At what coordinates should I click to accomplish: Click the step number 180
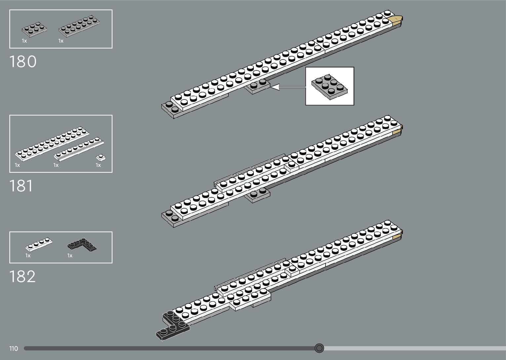(x=23, y=62)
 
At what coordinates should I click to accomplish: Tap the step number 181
(x=21, y=186)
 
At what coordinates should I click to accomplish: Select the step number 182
(x=22, y=277)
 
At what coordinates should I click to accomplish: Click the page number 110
(x=14, y=348)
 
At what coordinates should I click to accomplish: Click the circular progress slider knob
(x=319, y=348)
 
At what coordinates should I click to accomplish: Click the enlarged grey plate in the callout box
(x=329, y=86)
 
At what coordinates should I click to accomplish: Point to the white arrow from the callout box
(x=288, y=87)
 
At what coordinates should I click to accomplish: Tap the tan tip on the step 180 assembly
(x=396, y=20)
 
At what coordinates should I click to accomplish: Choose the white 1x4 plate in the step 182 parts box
(x=39, y=244)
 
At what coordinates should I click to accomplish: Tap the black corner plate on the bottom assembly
(x=172, y=326)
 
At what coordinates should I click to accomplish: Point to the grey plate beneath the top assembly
(x=257, y=87)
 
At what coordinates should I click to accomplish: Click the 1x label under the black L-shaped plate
(x=70, y=256)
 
